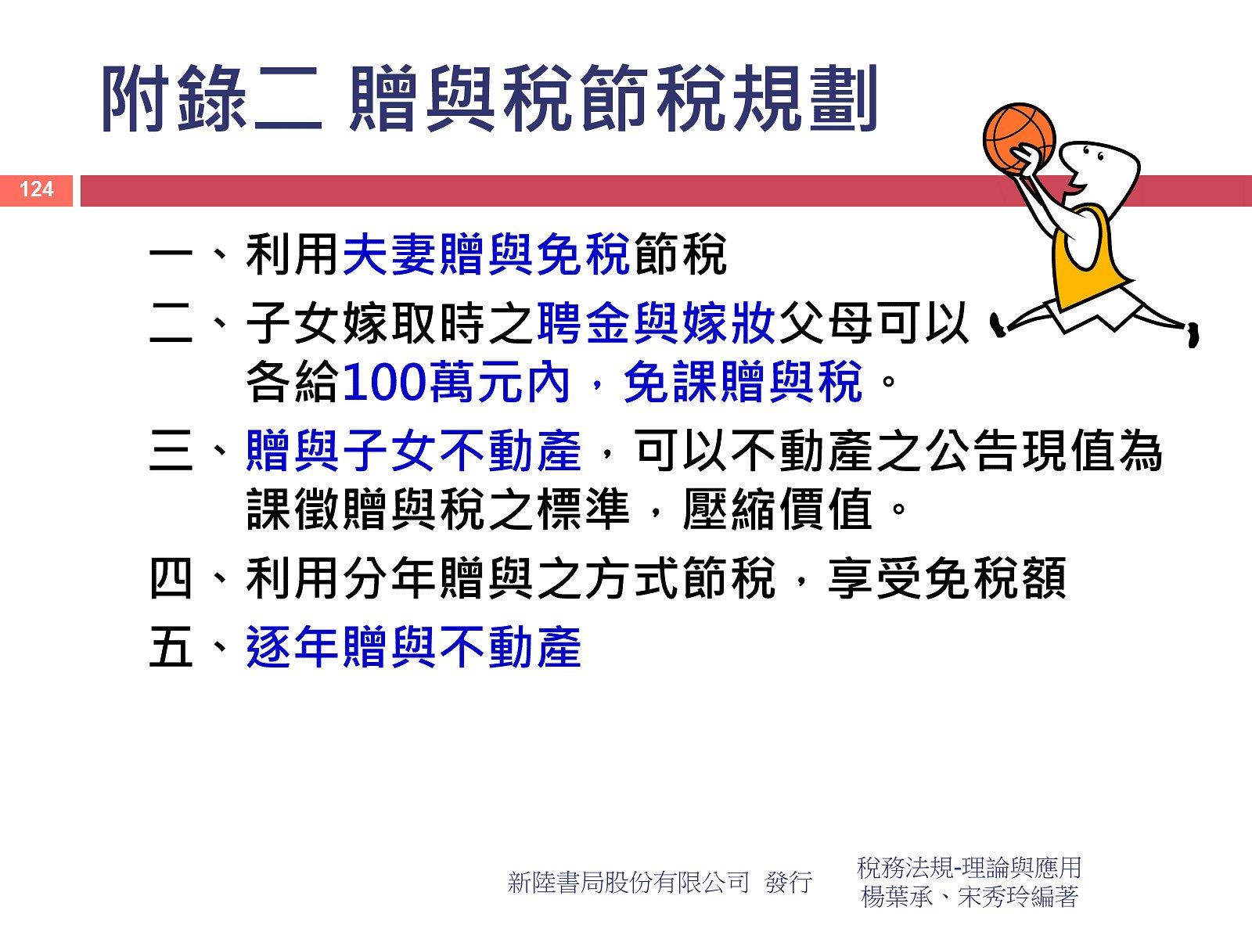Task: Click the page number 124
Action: (x=37, y=189)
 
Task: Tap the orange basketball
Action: (x=1019, y=139)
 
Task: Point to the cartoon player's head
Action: (x=1098, y=174)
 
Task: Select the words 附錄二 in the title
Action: (x=212, y=99)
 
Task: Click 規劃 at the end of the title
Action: (x=805, y=99)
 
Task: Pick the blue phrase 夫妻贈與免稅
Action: (x=486, y=254)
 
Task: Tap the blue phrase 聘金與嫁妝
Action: (x=656, y=323)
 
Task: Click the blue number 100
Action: (x=384, y=382)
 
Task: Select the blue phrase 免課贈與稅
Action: (x=743, y=382)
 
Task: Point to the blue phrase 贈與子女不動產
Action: (x=413, y=451)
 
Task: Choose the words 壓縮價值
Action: (x=778, y=509)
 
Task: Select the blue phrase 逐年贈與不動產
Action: (x=413, y=647)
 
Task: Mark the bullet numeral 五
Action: (x=171, y=647)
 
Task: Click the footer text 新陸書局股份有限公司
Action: (x=628, y=883)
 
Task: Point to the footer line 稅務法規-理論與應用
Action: (x=969, y=868)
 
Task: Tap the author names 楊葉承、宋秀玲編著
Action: (x=969, y=897)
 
